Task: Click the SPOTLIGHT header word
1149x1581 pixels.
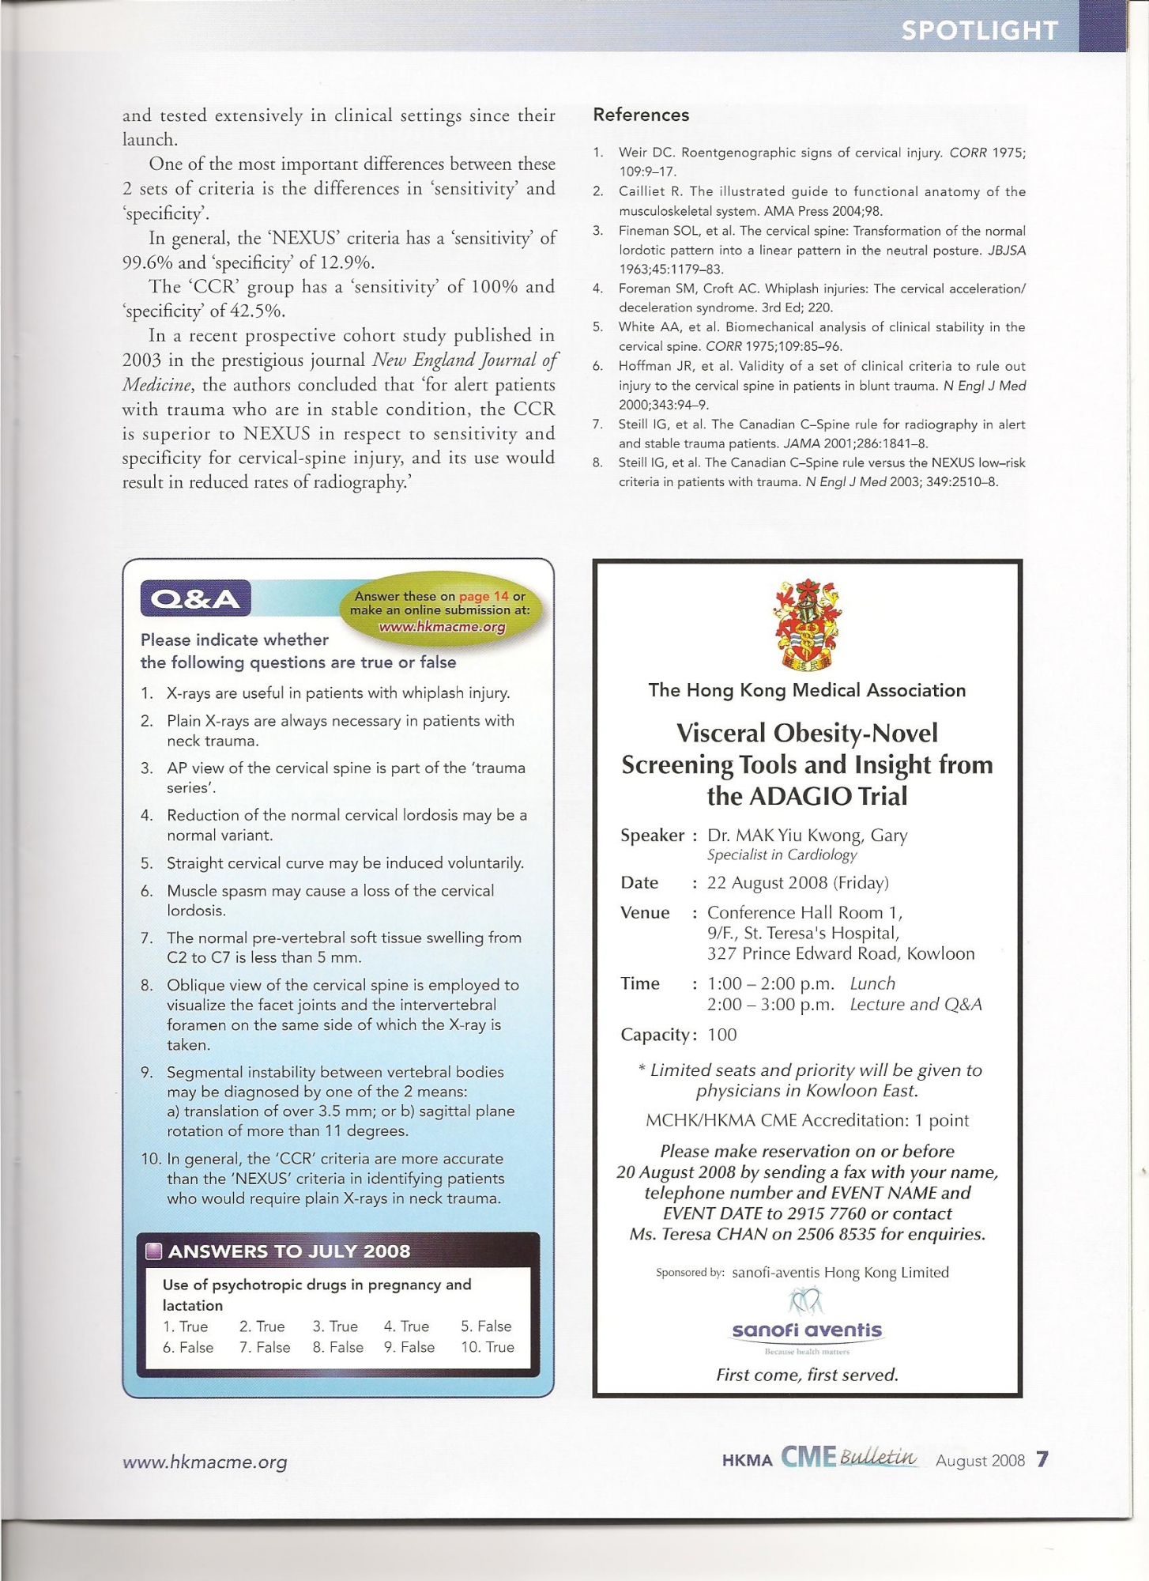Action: click(979, 30)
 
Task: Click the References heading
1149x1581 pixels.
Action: click(641, 115)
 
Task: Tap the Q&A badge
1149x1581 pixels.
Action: click(195, 598)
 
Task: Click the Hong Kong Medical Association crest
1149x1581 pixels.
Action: click(807, 625)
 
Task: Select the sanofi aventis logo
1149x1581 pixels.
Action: click(807, 1330)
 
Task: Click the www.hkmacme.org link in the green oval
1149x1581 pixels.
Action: click(442, 627)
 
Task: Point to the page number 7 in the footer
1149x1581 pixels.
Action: click(1042, 1459)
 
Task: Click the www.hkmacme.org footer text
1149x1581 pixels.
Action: click(205, 1462)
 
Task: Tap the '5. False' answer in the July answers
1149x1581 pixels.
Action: click(486, 1326)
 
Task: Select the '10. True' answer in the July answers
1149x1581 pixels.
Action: click(488, 1347)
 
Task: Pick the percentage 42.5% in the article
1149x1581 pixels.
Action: click(258, 311)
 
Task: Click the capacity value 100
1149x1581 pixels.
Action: click(721, 1035)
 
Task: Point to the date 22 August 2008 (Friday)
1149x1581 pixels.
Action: click(797, 882)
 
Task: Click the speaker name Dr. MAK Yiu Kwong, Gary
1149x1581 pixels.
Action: click(807, 835)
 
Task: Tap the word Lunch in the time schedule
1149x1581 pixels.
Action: click(872, 983)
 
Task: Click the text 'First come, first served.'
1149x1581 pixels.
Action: click(807, 1375)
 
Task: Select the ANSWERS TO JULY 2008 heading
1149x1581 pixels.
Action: click(289, 1251)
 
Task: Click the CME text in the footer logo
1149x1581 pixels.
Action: click(808, 1456)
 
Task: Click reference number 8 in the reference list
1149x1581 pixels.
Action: click(598, 462)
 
